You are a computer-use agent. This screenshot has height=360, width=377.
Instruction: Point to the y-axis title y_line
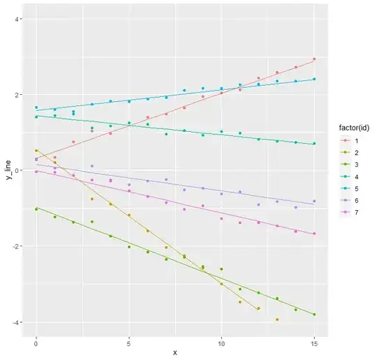coord(8,170)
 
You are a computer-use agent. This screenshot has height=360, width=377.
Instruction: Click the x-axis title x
coord(175,352)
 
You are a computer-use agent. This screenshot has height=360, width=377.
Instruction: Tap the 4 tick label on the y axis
coord(16,19)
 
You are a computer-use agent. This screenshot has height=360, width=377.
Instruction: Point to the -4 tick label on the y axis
coord(15,322)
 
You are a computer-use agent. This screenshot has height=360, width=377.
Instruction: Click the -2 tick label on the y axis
coord(15,246)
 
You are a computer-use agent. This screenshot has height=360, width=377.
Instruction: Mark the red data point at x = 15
coord(315,59)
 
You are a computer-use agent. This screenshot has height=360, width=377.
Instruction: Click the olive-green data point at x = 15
coord(315,315)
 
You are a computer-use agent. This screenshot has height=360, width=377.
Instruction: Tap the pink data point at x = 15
coord(315,234)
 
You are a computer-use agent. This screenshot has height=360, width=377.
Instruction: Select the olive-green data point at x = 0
coord(36,209)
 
